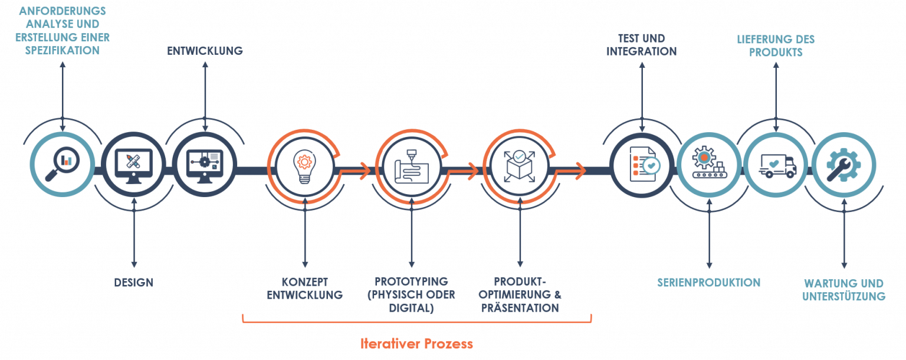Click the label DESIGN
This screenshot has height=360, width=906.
tap(134, 283)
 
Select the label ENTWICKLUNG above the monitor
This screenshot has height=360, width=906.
tap(205, 51)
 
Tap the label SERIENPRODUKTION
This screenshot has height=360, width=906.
tap(709, 283)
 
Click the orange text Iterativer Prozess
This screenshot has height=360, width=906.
tap(416, 343)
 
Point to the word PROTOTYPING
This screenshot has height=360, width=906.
tap(411, 282)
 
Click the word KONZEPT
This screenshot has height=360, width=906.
tap(304, 282)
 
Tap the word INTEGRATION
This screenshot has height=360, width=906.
tap(641, 51)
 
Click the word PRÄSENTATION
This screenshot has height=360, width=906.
tap(520, 308)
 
